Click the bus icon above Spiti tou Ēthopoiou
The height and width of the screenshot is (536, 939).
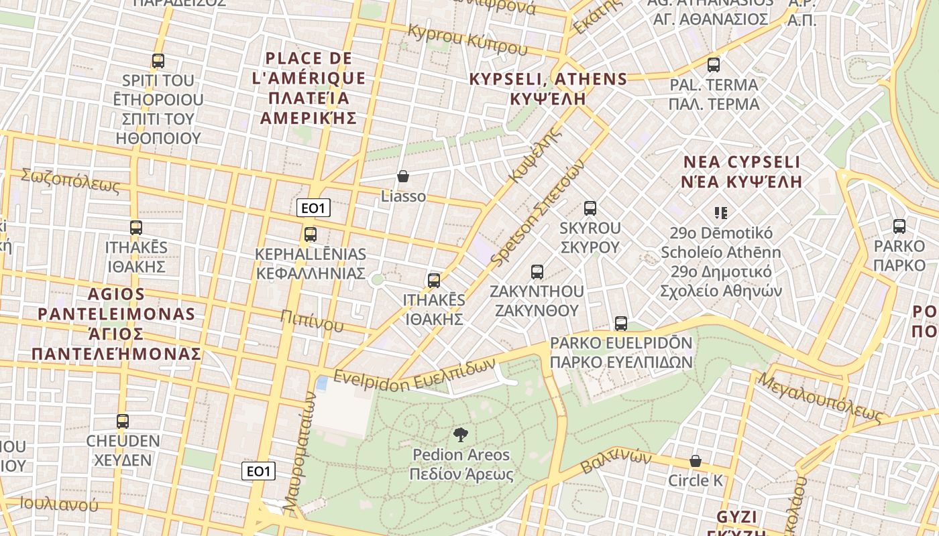click(x=158, y=61)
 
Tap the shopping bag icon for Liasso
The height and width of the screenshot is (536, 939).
click(x=403, y=176)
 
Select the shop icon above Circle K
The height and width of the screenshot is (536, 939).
click(x=696, y=461)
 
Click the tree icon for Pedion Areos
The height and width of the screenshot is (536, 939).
click(x=461, y=435)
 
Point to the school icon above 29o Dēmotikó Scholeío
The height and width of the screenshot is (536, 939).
click(x=721, y=213)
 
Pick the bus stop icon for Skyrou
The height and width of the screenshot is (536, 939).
click(x=590, y=208)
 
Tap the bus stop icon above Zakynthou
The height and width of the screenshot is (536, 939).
click(x=537, y=271)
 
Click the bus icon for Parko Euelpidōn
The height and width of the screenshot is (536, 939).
click(x=621, y=324)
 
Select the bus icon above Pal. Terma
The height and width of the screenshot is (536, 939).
click(x=714, y=65)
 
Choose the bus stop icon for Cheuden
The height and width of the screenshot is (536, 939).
click(x=123, y=421)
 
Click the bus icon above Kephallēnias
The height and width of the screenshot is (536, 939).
click(x=310, y=234)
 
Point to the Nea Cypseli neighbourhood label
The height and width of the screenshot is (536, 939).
click(x=741, y=172)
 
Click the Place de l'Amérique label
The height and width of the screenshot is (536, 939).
click(x=309, y=88)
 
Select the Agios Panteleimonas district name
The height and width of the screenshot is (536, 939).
click(x=117, y=324)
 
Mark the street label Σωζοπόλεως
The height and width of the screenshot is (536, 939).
click(x=70, y=181)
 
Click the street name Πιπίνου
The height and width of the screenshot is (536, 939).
click(x=312, y=321)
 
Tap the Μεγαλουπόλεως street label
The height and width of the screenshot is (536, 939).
click(x=820, y=397)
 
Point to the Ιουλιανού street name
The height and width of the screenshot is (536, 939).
click(x=59, y=505)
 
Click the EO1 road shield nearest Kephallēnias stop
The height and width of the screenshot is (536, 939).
click(x=313, y=208)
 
